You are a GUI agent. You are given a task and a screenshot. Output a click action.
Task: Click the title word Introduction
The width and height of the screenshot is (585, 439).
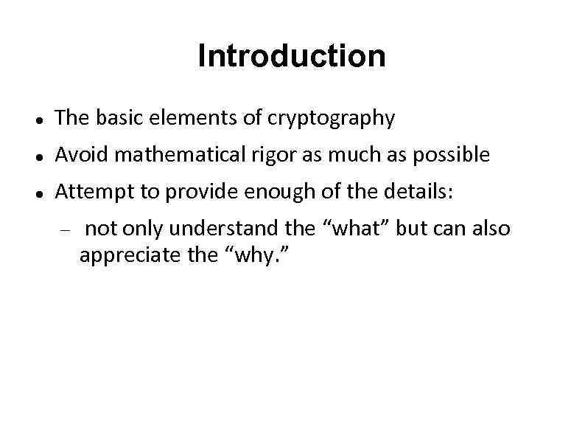point(291,56)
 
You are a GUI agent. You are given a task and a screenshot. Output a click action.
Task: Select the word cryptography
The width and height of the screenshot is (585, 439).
point(331,118)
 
